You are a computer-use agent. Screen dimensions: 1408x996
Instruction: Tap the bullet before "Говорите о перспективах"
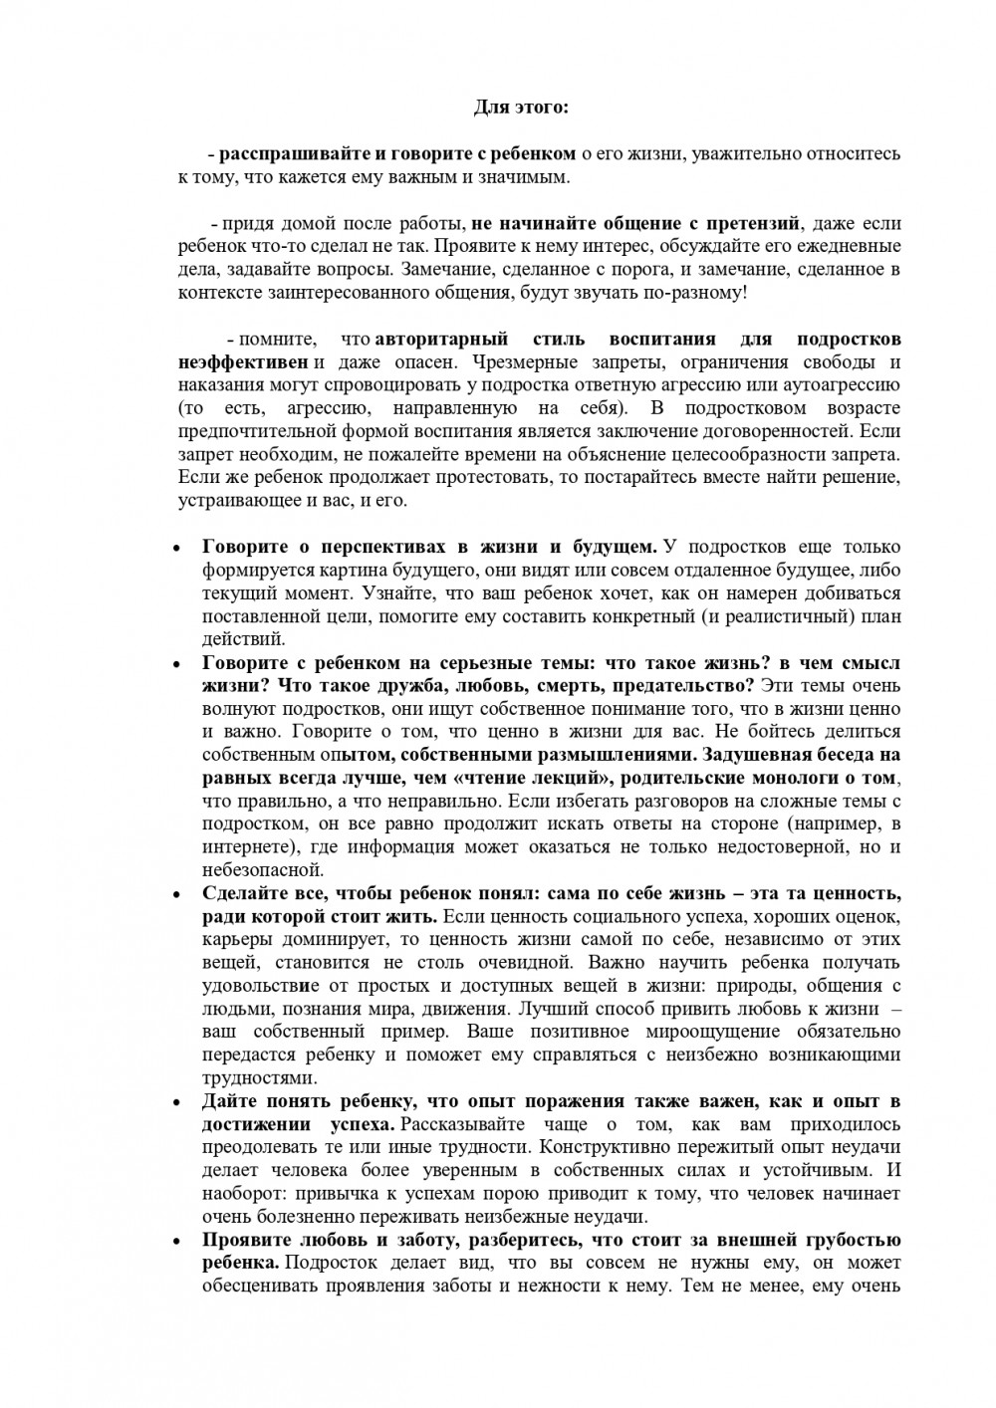tap(176, 548)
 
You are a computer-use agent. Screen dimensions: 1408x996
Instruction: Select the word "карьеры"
tap(233, 939)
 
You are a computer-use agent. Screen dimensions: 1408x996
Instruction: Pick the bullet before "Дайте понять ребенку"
tap(176, 1102)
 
